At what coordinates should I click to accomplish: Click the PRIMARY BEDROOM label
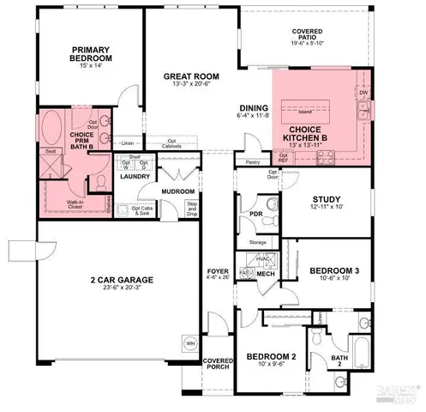(x=93, y=54)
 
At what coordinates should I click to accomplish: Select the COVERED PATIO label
(x=307, y=32)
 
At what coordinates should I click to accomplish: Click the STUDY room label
(x=327, y=199)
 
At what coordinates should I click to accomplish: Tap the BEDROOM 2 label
(x=271, y=355)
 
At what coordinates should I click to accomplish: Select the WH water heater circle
(x=189, y=344)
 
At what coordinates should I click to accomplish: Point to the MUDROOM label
(x=178, y=191)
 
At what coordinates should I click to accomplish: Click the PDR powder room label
(x=255, y=214)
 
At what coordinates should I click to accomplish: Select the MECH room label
(x=266, y=272)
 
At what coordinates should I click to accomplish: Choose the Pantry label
(x=253, y=161)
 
